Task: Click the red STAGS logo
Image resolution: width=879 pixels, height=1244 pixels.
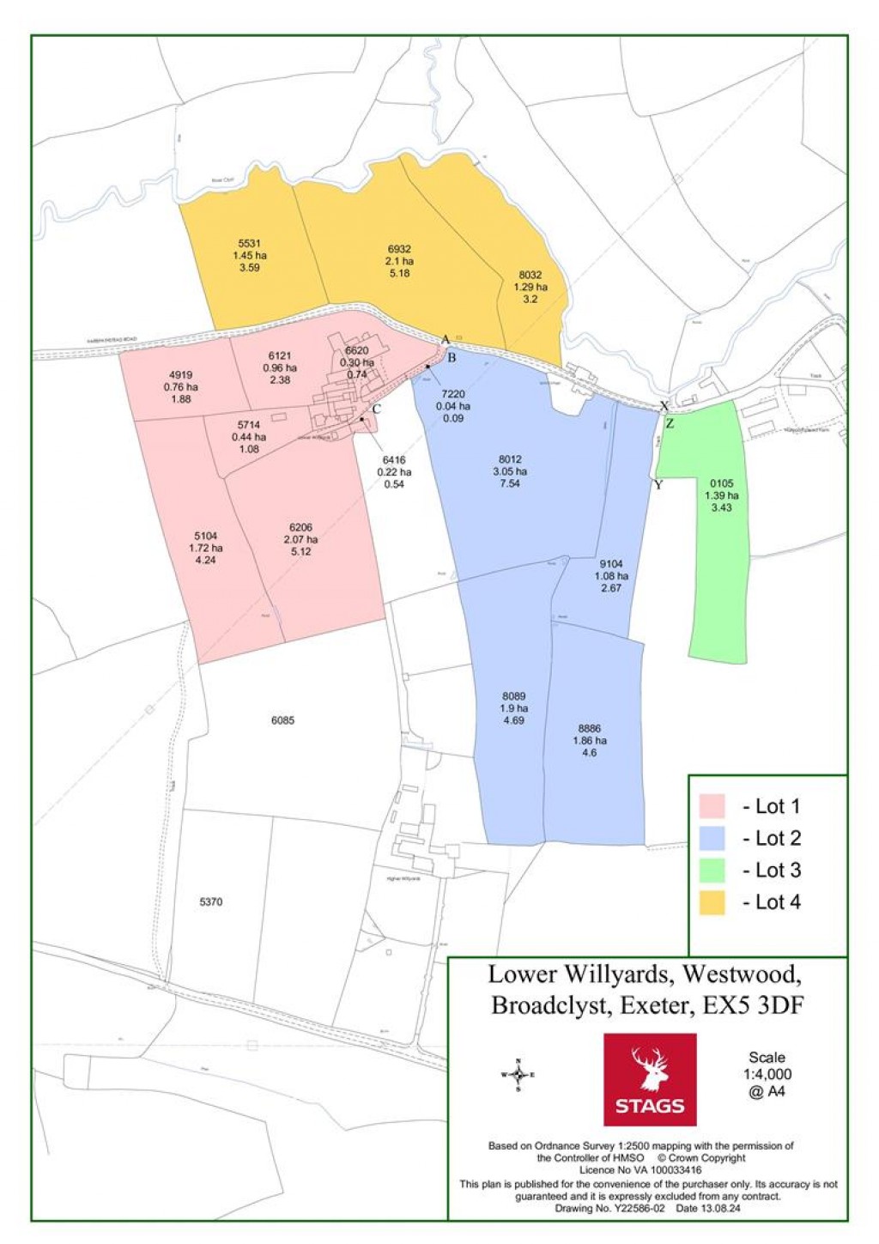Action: (x=649, y=1078)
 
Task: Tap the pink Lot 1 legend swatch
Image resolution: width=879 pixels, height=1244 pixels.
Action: (x=712, y=806)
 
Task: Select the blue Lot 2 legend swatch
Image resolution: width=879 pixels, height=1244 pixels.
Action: (x=712, y=838)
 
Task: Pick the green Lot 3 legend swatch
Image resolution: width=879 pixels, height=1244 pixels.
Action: (x=712, y=870)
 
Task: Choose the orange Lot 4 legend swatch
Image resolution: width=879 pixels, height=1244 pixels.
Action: (x=712, y=902)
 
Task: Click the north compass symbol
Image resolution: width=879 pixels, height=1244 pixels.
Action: (x=518, y=1074)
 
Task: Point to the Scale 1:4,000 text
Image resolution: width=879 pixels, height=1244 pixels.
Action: (x=767, y=1074)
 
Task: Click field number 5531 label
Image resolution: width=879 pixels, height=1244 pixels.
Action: (x=249, y=244)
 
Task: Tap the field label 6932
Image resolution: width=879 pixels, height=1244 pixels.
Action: (x=399, y=249)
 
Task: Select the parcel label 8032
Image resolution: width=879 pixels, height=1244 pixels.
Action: (x=530, y=276)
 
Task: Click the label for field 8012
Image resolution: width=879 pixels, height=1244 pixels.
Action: (x=510, y=459)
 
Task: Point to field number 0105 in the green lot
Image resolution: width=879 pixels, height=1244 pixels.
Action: (x=721, y=483)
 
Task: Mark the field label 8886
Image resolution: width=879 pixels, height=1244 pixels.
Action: (x=589, y=728)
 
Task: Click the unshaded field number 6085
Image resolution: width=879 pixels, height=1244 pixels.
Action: (x=282, y=720)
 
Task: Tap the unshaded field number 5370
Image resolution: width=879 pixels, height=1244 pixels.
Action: (x=210, y=901)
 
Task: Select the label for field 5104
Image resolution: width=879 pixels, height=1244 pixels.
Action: (x=206, y=536)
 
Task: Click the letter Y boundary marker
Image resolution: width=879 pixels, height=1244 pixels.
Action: (x=658, y=485)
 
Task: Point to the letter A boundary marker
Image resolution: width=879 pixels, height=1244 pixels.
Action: (x=445, y=340)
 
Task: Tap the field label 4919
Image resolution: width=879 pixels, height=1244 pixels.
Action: (x=180, y=375)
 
